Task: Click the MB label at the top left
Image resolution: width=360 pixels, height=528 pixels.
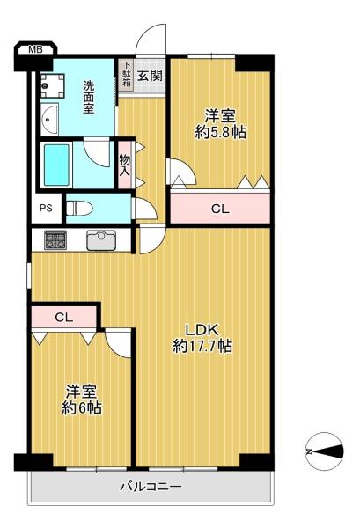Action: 35,50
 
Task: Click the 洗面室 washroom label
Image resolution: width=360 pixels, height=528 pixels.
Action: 89,97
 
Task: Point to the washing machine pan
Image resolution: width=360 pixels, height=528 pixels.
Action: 52,86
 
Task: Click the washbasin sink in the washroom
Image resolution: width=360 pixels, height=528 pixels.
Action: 49,119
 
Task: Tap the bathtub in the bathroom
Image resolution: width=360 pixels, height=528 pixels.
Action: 56,165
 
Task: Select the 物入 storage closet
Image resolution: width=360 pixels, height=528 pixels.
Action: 125,165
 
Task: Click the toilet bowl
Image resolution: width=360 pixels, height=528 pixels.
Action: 79,208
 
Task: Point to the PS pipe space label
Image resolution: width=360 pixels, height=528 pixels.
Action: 46,208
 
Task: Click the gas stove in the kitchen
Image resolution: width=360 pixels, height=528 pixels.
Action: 55,240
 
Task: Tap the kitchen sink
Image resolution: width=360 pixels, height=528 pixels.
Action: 102,240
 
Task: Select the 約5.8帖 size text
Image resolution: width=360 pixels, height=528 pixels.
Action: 221,133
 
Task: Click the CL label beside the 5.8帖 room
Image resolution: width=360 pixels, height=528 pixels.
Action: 220,209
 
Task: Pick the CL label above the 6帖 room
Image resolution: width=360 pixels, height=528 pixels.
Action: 64,317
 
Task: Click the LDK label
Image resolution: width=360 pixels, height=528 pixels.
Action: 202,330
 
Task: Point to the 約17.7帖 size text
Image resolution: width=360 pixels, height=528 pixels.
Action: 202,346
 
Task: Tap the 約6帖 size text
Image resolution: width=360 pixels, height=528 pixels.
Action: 82,408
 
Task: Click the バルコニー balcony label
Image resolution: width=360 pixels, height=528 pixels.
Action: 151,487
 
